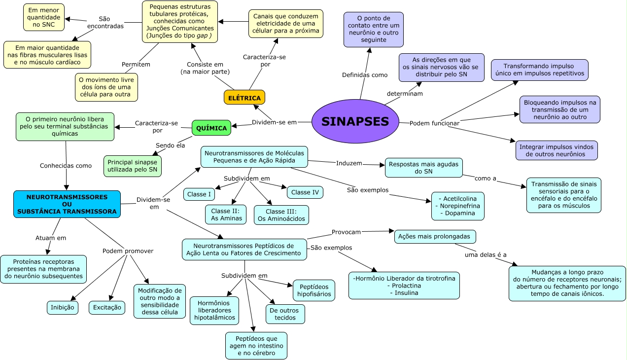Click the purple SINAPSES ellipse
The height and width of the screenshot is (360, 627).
click(355, 121)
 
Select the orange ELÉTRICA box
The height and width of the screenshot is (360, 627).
click(244, 98)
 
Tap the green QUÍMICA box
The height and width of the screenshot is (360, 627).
click(211, 128)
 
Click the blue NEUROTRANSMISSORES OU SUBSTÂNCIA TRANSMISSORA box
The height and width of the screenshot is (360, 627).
click(67, 204)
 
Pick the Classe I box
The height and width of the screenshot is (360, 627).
click(199, 194)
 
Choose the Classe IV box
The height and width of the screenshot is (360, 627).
click(305, 192)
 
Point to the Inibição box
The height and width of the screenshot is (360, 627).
click(63, 308)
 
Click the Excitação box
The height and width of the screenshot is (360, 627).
click(107, 308)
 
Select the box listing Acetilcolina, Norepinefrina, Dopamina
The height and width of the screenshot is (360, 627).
click(457, 206)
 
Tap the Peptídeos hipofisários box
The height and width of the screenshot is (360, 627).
click(314, 290)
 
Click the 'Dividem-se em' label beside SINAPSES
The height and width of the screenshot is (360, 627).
click(274, 122)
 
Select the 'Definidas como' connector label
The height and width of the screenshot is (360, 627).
click(365, 75)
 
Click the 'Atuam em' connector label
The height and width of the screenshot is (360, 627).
click(51, 238)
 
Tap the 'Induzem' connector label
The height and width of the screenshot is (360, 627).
click(349, 163)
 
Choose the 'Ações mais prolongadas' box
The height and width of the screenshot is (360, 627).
click(435, 237)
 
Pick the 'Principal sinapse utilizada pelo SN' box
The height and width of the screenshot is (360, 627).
click(133, 166)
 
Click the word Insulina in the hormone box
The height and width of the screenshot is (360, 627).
click(404, 292)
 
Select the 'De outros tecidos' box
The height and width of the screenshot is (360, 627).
click(285, 314)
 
